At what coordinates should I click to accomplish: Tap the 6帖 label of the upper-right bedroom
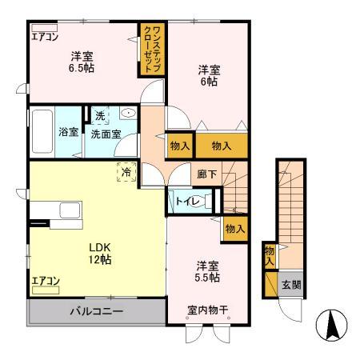point(210,82)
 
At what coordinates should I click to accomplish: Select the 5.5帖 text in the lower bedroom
point(207,276)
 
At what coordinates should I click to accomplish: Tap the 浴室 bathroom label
point(69,132)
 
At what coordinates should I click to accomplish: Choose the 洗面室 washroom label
point(105,134)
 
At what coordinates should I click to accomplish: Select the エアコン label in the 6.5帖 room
point(44,36)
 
